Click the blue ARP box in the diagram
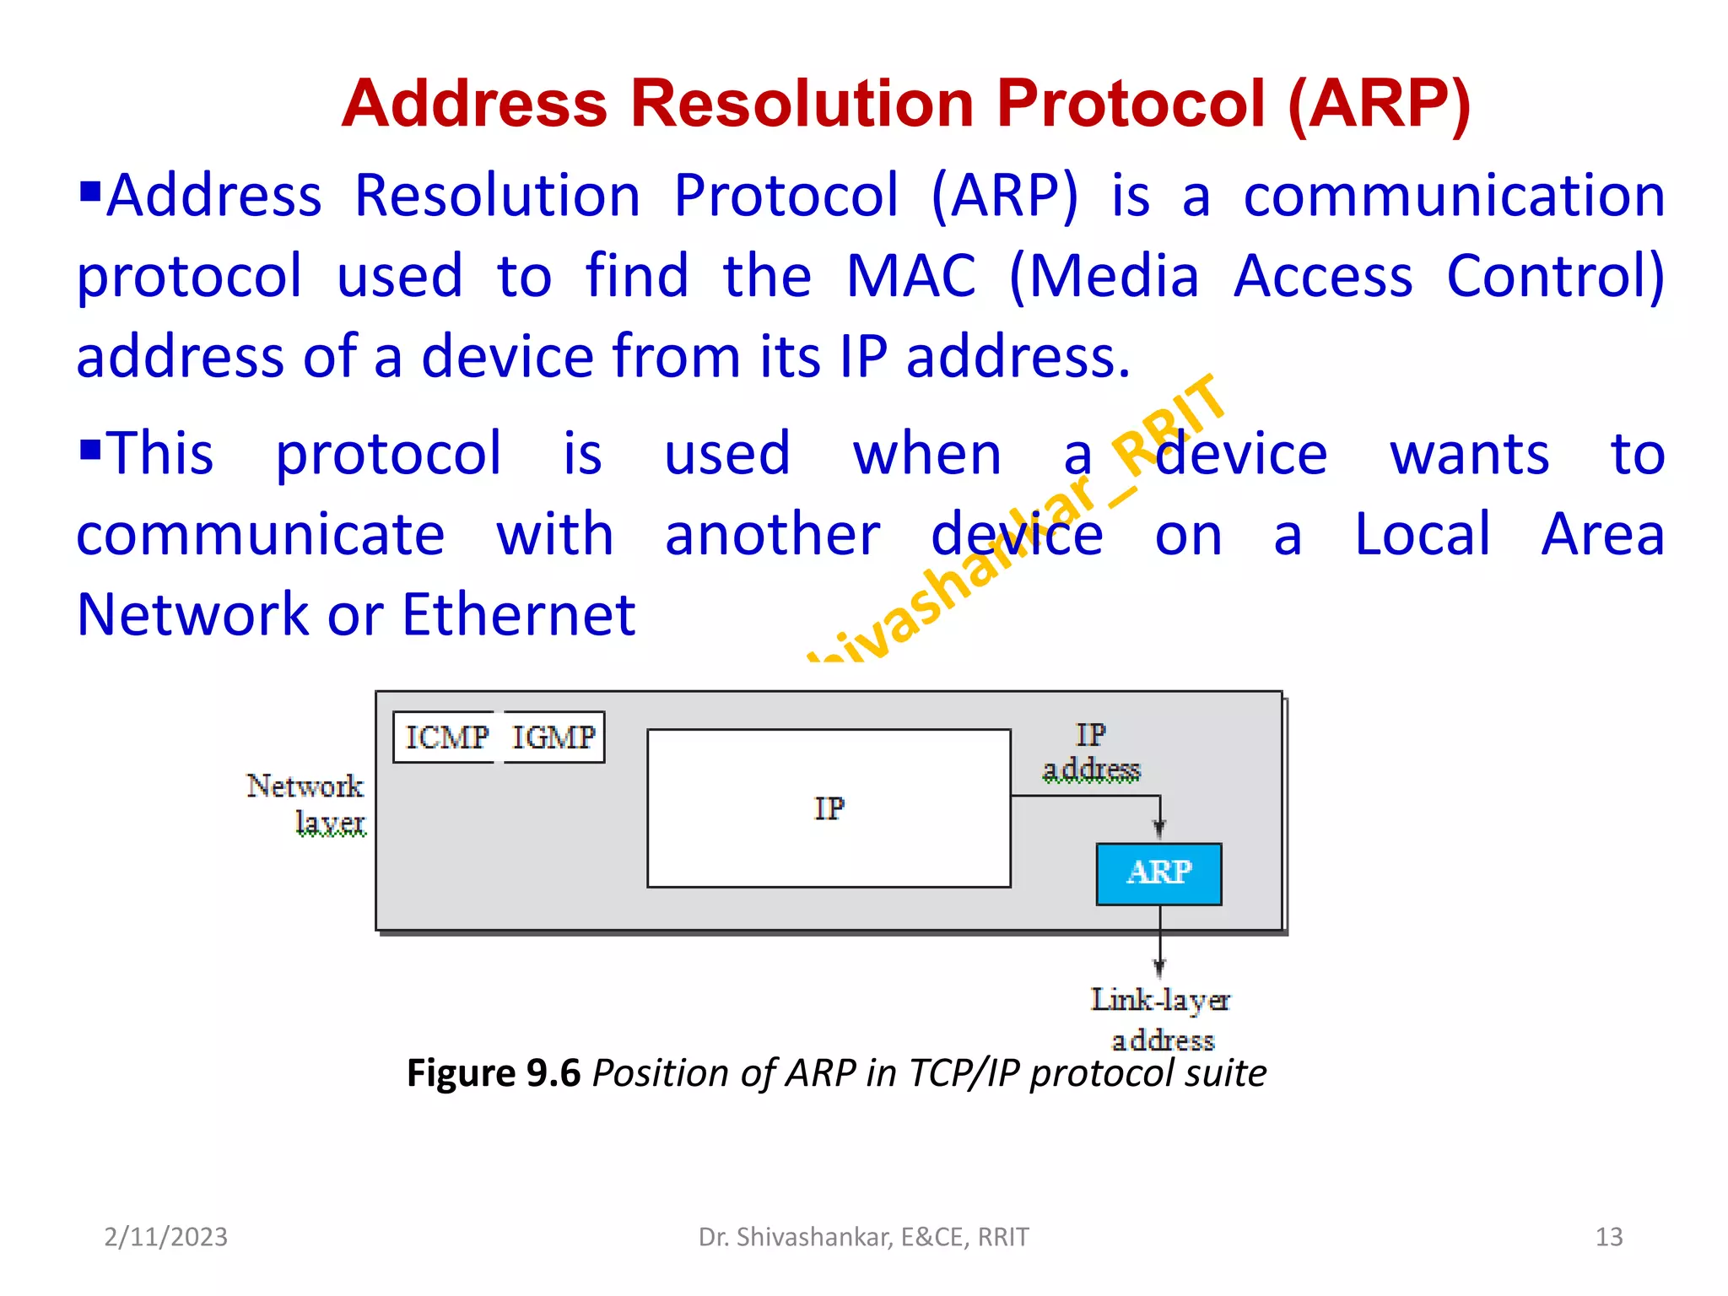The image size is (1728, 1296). click(1158, 873)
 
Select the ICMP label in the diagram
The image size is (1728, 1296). click(446, 737)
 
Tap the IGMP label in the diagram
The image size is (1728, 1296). click(553, 737)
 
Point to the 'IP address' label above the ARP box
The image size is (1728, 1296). click(1090, 752)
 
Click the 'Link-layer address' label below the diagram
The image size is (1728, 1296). click(1161, 1018)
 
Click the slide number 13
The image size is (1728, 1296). click(1608, 1237)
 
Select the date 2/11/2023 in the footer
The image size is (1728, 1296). click(165, 1237)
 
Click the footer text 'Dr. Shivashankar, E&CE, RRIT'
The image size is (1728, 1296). click(863, 1237)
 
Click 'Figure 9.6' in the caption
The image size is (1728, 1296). click(494, 1073)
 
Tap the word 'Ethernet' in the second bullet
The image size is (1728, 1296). click(518, 614)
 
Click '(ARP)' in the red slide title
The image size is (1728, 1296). click(1379, 104)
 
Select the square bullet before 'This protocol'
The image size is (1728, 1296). click(90, 446)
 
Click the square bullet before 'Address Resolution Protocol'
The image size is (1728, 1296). click(90, 192)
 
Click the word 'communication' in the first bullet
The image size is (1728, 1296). click(1454, 196)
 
